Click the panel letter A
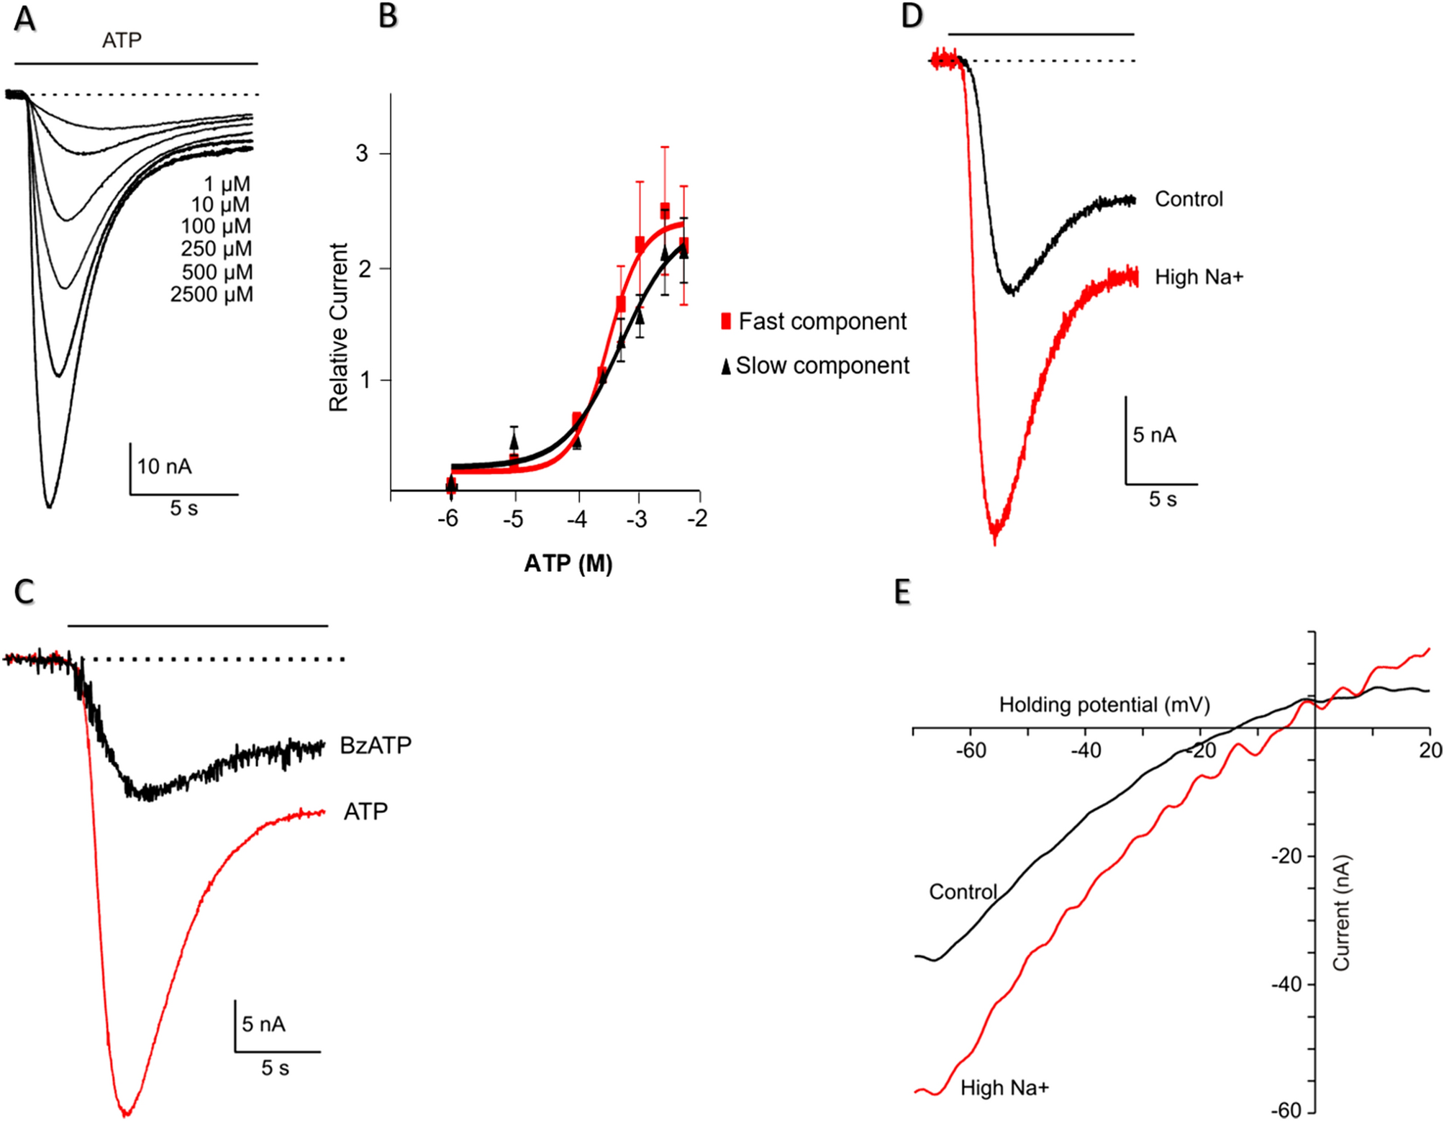(25, 19)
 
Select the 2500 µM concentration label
(212, 295)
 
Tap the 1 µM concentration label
(227, 184)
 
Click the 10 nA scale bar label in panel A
(164, 467)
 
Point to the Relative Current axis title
(338, 327)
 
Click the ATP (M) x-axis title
(568, 563)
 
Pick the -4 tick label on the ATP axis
(577, 519)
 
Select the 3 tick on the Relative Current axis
(362, 154)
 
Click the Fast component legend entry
(814, 322)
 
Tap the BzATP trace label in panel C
(376, 745)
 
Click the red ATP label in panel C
(365, 812)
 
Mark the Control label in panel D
(1189, 199)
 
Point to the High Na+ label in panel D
(1199, 277)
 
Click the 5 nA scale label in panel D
(1154, 435)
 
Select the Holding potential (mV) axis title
(1104, 704)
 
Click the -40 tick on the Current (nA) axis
(1286, 984)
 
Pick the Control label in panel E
(962, 892)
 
